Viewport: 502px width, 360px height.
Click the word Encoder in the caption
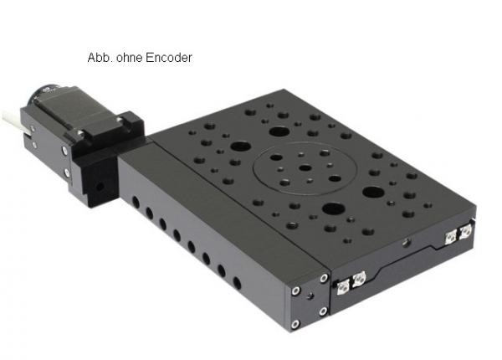click(x=169, y=58)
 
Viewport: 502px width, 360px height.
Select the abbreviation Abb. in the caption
click(x=100, y=58)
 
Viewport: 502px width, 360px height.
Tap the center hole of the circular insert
click(x=305, y=167)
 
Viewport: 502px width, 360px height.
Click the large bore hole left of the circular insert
click(x=240, y=147)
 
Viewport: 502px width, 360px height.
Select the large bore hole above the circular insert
click(x=279, y=131)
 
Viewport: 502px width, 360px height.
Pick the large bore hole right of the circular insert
click(x=374, y=192)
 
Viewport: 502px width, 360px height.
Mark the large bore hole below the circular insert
click(x=334, y=208)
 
